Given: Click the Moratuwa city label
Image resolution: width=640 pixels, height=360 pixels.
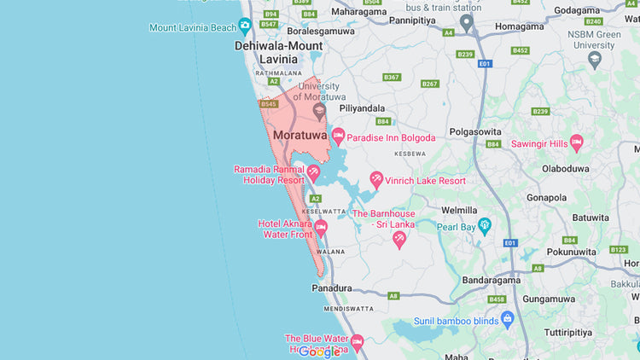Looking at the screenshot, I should pyautogui.click(x=300, y=135).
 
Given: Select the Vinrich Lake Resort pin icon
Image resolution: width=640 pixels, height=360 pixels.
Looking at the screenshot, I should pyautogui.click(x=376, y=179).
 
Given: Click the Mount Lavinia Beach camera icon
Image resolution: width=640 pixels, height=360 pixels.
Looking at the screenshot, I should pyautogui.click(x=245, y=26).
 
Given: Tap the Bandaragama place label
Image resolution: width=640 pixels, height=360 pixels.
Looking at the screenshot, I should pyautogui.click(x=491, y=280).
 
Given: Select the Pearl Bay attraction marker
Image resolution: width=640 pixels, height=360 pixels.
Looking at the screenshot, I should pyautogui.click(x=486, y=226).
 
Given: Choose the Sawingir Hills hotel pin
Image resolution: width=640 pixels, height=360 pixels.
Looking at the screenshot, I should pyautogui.click(x=576, y=142).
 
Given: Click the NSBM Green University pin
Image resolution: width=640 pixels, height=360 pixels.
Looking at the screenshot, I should pyautogui.click(x=595, y=60).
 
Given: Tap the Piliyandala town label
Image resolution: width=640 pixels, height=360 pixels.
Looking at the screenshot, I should pyautogui.click(x=362, y=108).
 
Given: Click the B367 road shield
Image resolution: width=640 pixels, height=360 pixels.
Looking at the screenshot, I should pyautogui.click(x=391, y=77).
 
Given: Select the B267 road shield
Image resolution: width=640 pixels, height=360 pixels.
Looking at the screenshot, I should pyautogui.click(x=429, y=84).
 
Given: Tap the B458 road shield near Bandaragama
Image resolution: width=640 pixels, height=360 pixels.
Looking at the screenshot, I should pyautogui.click(x=497, y=299).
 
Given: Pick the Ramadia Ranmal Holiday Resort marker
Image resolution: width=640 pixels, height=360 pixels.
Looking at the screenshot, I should pyautogui.click(x=314, y=174).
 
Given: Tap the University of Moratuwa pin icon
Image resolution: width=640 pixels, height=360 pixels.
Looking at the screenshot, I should pyautogui.click(x=319, y=110).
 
